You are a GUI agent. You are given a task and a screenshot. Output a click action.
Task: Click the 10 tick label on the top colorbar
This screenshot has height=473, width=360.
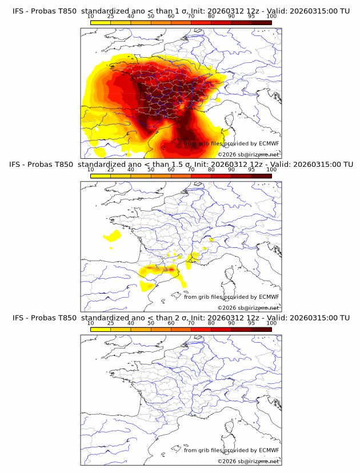click(91, 17)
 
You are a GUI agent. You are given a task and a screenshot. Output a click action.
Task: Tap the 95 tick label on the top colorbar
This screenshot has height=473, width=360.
click(251, 17)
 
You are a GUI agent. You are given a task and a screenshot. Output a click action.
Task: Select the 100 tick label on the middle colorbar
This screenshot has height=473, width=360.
click(271, 170)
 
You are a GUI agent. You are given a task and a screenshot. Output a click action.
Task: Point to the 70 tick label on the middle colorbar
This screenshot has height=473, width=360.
click(191, 170)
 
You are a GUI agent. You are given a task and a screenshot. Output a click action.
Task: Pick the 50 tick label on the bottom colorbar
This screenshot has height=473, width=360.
click(151, 323)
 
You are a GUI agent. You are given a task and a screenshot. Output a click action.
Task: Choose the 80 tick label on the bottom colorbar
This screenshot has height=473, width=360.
click(211, 323)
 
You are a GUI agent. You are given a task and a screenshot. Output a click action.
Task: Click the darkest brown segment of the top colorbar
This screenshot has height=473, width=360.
click(261, 22)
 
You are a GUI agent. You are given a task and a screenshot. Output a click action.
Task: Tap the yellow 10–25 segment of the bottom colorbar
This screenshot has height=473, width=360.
click(101, 328)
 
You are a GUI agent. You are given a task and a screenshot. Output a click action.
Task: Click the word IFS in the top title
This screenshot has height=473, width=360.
click(19, 11)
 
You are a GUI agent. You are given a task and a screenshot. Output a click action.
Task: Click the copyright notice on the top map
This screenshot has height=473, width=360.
click(248, 155)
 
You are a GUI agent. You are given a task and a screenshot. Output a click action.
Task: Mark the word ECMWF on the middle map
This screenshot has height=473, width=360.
click(269, 296)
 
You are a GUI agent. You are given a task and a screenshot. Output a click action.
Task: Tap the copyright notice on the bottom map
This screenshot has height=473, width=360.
click(248, 461)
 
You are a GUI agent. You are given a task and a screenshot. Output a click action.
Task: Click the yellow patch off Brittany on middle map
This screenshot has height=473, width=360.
click(113, 236)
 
